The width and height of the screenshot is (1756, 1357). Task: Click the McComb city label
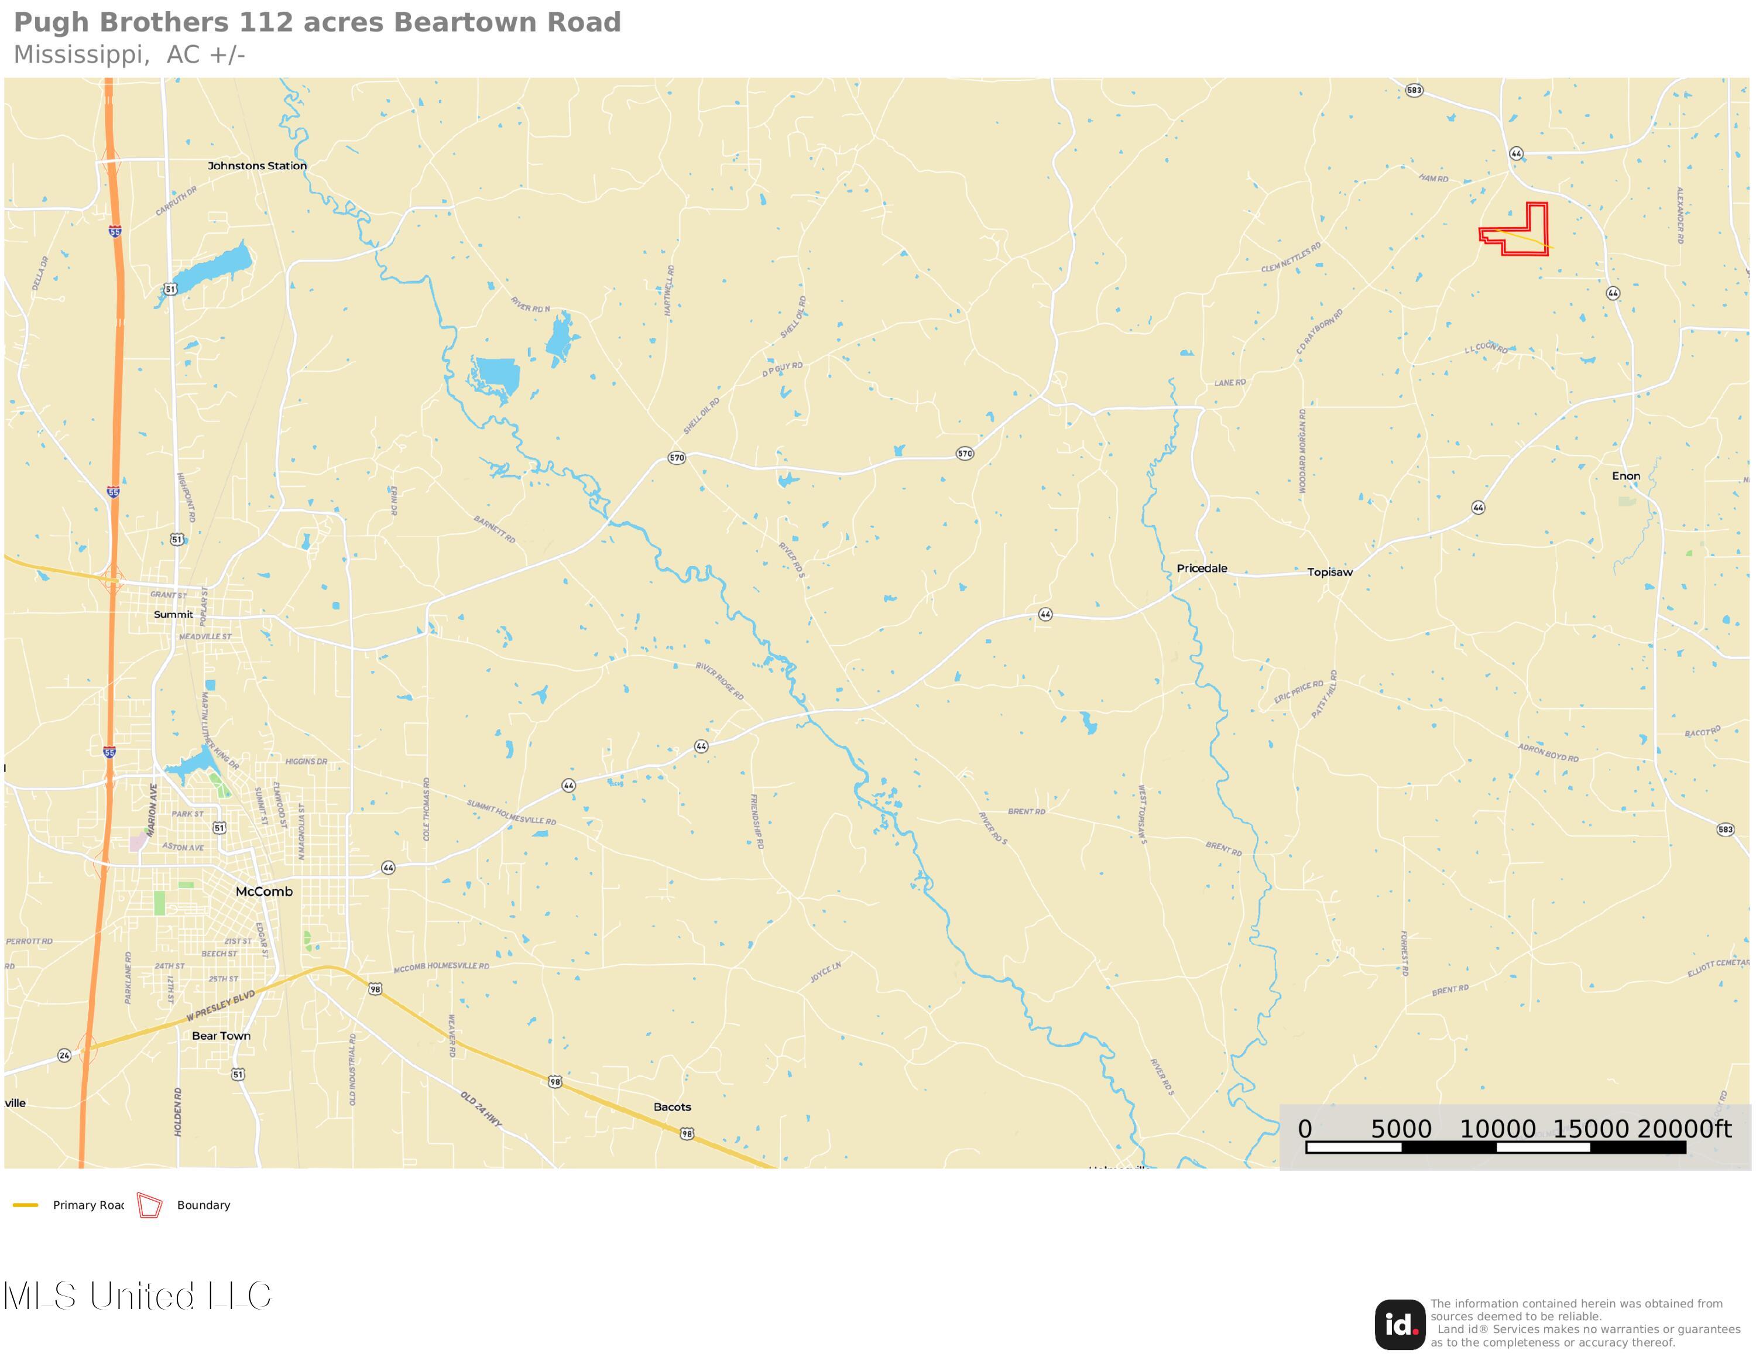264,892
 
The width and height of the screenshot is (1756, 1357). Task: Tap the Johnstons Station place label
258,166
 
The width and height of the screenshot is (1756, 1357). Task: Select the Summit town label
174,614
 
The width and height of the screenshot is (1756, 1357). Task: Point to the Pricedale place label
1202,568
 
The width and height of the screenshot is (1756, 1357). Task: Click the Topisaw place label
1330,573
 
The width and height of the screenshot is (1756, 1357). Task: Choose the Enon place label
1625,476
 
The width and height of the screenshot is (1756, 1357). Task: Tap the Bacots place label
672,1107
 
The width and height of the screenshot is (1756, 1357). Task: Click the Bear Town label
221,1036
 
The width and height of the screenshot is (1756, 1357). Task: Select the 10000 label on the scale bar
1497,1129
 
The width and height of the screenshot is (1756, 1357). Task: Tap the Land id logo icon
1400,1325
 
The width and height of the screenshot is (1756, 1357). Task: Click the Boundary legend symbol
149,1205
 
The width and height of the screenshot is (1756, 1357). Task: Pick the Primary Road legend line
26,1205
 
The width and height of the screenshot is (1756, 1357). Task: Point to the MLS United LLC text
138,1296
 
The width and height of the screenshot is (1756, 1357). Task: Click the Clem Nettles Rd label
1291,257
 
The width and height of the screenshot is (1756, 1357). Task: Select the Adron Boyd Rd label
1548,752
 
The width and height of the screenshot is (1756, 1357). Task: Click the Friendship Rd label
757,821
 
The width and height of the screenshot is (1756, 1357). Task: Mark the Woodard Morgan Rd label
1302,450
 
